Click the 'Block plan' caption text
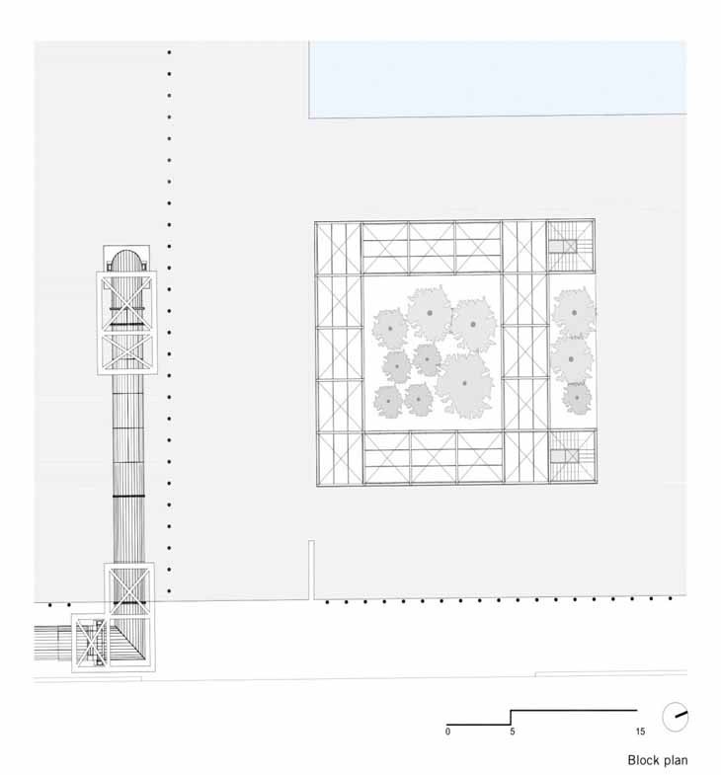coord(657,759)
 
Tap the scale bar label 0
coord(447,731)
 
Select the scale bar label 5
coord(513,731)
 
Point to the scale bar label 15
coord(640,731)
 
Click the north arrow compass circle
coord(675,716)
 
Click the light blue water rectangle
coord(498,80)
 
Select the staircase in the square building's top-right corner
coord(570,246)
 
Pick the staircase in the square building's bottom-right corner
coord(572,456)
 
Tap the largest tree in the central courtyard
coord(464,384)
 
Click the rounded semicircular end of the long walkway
coord(126,260)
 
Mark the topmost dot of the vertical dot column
coord(169,52)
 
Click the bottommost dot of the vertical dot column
coord(169,590)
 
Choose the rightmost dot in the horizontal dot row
coord(670,598)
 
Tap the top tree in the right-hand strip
coord(574,312)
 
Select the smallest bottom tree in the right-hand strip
coord(577,398)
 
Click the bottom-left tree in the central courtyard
coord(388,402)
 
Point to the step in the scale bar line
coord(511,718)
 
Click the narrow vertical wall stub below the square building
coord(311,570)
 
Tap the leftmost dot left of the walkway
coord(50,604)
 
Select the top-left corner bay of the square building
coord(339,248)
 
